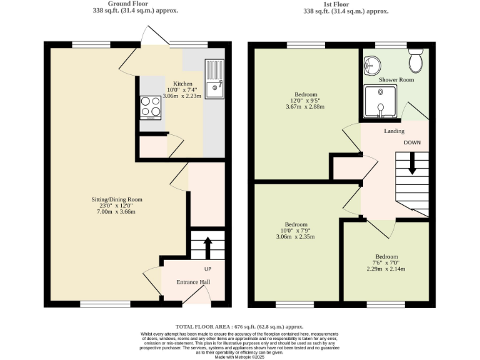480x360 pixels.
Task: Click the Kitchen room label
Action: [182, 84]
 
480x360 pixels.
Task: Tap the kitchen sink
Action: [214, 81]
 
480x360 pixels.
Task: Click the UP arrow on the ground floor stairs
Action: [207, 245]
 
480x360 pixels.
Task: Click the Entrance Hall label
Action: [192, 282]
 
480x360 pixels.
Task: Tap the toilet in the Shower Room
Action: [414, 62]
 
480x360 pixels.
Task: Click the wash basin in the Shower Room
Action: [372, 63]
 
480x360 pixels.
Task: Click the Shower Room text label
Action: [396, 80]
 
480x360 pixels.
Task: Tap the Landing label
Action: [394, 131]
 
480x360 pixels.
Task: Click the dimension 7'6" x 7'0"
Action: [386, 262]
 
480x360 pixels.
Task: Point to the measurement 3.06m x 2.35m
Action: [296, 237]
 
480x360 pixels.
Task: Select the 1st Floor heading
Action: [336, 4]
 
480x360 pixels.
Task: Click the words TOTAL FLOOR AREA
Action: [204, 327]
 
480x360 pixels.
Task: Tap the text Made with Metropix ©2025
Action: [239, 356]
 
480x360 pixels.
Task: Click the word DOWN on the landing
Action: [412, 142]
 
